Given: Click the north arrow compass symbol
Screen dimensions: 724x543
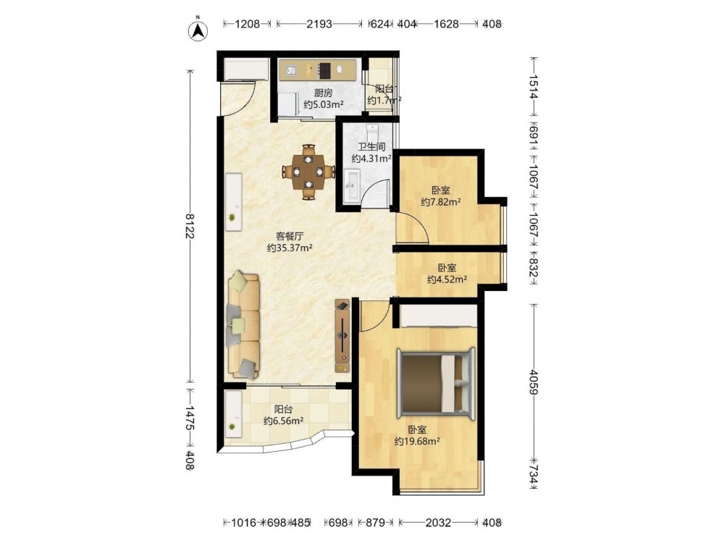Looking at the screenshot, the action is pos(198,30).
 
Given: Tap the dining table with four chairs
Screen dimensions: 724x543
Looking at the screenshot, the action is pos(308,172).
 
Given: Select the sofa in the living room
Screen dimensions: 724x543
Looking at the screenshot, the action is pos(243,326).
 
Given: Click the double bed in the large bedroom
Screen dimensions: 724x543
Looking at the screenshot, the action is pos(437,384).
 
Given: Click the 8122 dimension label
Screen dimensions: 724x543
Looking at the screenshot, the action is pos(190,226).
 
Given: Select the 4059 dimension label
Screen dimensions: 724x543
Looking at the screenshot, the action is pos(534,382).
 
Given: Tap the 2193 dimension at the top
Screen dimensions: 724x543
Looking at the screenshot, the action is pos(319,24).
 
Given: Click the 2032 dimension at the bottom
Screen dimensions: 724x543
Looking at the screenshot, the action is pos(438,523).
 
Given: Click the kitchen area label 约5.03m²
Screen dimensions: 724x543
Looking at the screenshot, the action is pos(323,104).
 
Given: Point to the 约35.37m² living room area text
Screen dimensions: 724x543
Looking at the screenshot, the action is pos(290,248).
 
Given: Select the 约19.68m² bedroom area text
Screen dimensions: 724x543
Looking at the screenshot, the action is pos(417,442).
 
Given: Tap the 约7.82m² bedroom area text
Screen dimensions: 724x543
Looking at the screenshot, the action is pos(441,202).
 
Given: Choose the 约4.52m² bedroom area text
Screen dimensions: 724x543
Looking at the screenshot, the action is pos(447,279).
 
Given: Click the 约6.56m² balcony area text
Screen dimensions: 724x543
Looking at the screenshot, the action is pos(284,421).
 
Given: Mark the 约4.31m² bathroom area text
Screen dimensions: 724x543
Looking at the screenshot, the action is pos(371,159).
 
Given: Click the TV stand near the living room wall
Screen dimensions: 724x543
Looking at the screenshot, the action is pos(342,336).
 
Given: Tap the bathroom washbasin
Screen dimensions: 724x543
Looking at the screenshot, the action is pos(350,185).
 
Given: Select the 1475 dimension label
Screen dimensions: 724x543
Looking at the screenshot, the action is pos(190,419).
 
